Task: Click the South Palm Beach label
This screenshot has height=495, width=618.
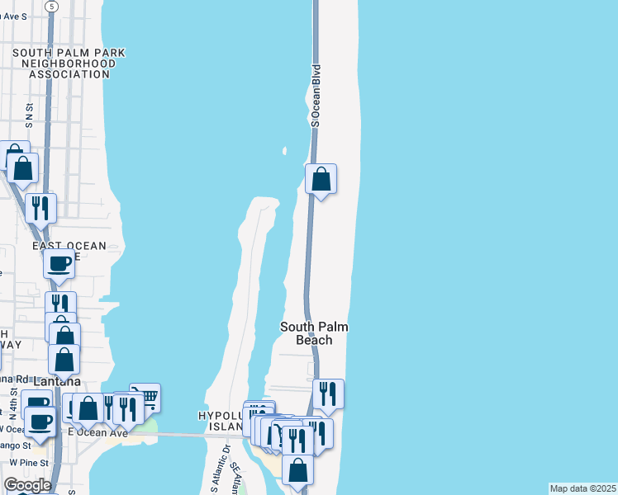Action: click(x=314, y=333)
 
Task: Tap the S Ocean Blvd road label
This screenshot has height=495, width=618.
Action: click(x=315, y=96)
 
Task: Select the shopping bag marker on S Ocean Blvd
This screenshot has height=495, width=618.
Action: click(x=321, y=179)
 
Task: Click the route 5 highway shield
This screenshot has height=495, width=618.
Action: click(x=54, y=6)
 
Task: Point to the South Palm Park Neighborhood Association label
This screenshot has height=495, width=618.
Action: click(x=69, y=63)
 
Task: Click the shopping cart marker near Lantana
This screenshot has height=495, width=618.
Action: click(x=146, y=398)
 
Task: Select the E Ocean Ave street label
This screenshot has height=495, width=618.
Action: click(x=98, y=432)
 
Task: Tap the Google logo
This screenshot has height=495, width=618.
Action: click(x=27, y=485)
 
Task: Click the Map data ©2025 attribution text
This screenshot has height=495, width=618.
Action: click(x=582, y=488)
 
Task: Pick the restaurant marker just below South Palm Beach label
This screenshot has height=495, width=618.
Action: click(x=329, y=394)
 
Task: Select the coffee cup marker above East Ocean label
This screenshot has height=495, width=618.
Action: click(x=59, y=264)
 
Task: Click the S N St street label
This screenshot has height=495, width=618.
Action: click(x=29, y=115)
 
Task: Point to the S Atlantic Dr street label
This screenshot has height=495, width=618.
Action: click(x=216, y=476)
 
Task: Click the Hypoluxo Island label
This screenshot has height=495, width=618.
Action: click(x=221, y=421)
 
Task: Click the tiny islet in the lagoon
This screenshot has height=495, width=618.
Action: click(x=284, y=151)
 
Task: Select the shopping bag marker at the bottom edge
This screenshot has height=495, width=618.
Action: click(x=298, y=470)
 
